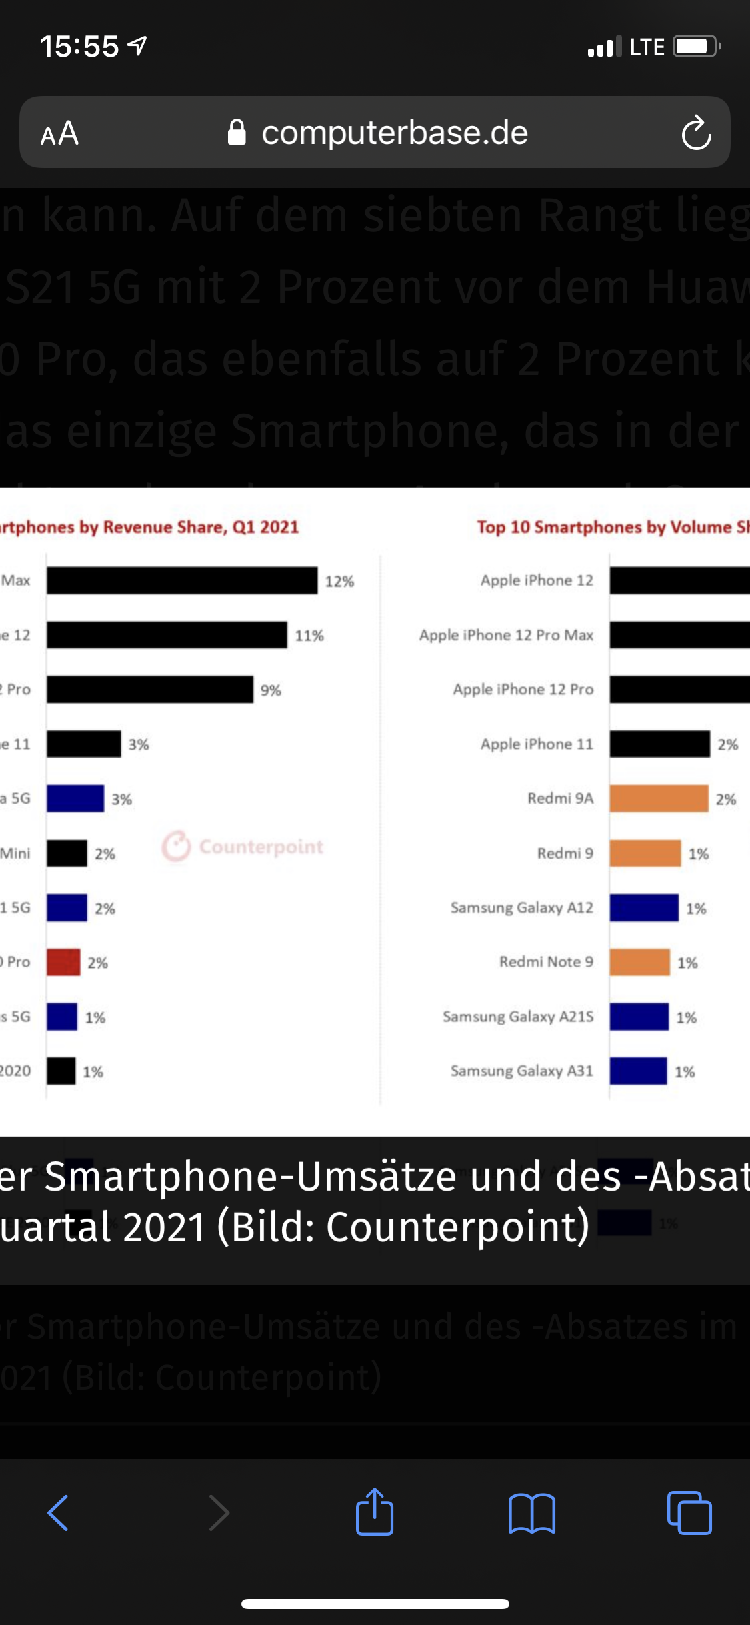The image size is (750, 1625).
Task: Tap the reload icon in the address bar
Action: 696,133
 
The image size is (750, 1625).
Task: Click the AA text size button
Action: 59,133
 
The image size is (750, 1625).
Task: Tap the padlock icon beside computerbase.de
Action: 237,133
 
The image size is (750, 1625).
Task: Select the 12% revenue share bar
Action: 182,580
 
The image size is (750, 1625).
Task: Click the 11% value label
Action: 309,636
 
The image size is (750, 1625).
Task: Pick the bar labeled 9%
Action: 150,690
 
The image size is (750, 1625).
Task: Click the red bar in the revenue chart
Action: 63,962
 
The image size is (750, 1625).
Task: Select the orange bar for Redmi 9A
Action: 659,798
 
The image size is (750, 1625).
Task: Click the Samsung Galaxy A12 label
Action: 521,907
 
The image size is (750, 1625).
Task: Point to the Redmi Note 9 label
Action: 546,962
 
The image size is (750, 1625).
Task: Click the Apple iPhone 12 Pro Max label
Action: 506,635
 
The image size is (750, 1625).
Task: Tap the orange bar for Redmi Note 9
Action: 639,962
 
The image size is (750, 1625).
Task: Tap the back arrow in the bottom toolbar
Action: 58,1512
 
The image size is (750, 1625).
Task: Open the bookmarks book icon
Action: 531,1512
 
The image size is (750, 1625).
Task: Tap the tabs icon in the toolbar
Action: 689,1512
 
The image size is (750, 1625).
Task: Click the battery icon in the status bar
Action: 696,47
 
